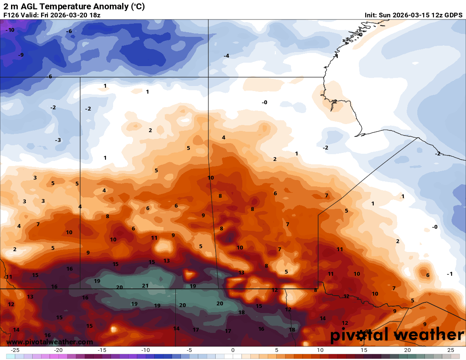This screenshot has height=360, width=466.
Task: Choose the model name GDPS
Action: pos(452,15)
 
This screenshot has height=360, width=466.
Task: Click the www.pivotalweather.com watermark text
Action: pos(50,342)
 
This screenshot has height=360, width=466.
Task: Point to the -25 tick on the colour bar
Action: pos(15,350)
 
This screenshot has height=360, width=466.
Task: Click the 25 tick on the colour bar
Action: pos(451,350)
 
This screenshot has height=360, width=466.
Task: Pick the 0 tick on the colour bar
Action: pos(233,350)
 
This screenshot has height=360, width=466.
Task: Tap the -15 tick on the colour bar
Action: pos(102,350)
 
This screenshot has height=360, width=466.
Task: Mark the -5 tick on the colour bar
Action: pos(189,350)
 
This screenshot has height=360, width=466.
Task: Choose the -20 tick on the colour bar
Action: pos(58,350)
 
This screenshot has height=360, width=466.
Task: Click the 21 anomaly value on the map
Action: pos(145,286)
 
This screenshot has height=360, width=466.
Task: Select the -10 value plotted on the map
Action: pos(10,30)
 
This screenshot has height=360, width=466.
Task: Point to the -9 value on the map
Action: pos(21,55)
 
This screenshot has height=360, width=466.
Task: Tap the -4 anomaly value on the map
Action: pos(227,56)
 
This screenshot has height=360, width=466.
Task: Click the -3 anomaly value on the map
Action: pos(58,140)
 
